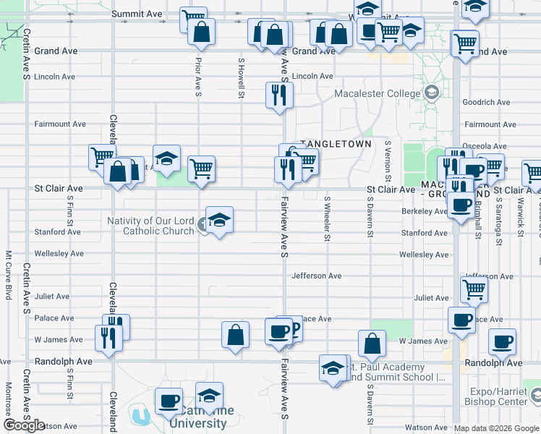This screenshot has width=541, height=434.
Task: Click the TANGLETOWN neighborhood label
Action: [x=336, y=144]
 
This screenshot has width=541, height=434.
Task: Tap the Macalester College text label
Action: [x=377, y=93]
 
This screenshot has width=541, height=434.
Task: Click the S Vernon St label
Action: [x=388, y=161]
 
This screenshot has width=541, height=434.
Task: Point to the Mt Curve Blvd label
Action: [x=9, y=275]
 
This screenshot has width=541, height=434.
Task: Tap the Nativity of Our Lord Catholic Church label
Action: [x=150, y=226]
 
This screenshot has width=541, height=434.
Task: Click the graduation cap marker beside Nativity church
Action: [x=219, y=220]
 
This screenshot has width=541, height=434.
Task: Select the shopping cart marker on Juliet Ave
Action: [x=474, y=289]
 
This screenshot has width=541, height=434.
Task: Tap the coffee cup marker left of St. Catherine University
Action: [x=169, y=401]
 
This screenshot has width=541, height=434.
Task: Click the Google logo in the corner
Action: [x=24, y=425]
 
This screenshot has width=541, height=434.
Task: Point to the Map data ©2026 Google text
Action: [x=496, y=428]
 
